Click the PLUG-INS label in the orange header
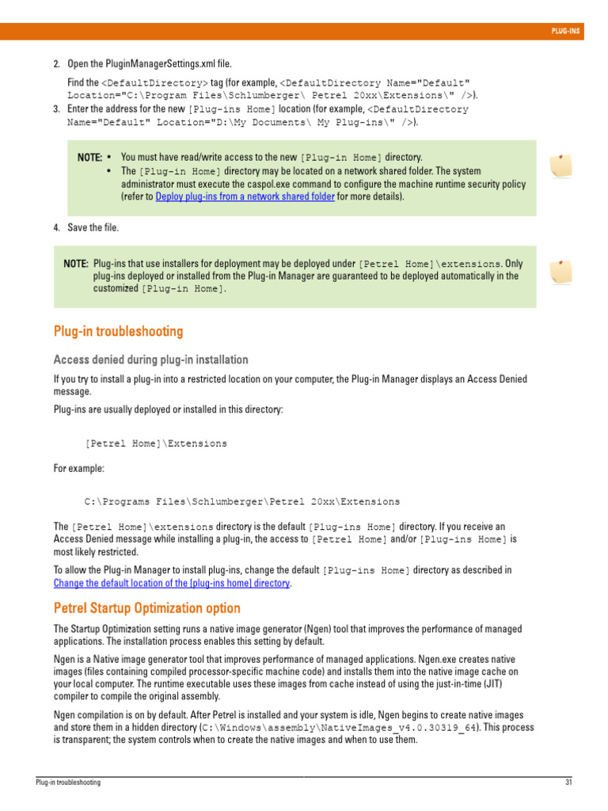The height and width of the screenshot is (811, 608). (x=566, y=32)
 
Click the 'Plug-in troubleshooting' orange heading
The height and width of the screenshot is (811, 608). (x=118, y=332)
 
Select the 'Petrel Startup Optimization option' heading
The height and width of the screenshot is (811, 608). (x=146, y=609)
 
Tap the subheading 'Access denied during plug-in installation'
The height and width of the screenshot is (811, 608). (x=150, y=360)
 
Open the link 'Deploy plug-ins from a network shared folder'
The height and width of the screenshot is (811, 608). (x=245, y=196)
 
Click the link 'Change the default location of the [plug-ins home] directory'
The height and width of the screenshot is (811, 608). (x=172, y=583)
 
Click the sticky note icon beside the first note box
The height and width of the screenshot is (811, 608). (x=560, y=165)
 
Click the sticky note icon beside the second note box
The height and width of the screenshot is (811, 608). (x=560, y=272)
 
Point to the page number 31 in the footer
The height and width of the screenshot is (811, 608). (x=568, y=782)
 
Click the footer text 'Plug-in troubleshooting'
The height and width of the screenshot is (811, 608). (x=68, y=782)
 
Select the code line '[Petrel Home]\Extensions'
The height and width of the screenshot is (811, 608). (x=155, y=444)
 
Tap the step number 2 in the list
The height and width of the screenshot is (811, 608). (x=56, y=64)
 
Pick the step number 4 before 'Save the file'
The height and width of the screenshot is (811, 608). (x=56, y=228)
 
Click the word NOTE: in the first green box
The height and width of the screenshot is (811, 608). (x=89, y=158)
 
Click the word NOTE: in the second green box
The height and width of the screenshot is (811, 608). (x=76, y=264)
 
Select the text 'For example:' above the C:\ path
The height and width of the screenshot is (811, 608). (x=78, y=469)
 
